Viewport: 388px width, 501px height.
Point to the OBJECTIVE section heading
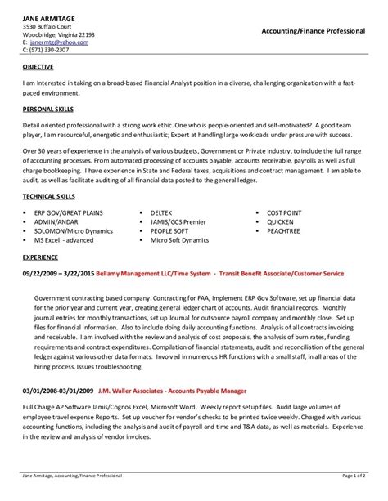tap(38, 69)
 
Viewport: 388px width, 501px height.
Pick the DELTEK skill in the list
tap(162, 212)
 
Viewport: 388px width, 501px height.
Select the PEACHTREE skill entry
tap(283, 230)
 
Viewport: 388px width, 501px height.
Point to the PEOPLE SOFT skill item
tap(170, 230)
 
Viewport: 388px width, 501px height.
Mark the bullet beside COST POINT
tap(255, 212)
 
